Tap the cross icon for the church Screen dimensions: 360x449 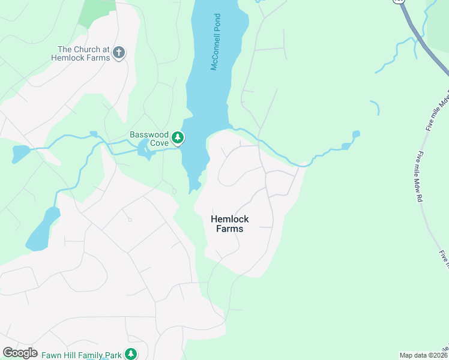[x=119, y=53]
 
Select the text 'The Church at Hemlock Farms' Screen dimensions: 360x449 [x=83, y=53]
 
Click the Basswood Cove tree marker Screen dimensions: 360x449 [x=178, y=138]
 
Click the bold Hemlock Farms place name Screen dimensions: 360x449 [x=230, y=224]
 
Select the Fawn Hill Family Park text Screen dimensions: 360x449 [x=82, y=355]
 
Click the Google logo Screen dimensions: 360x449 [x=20, y=353]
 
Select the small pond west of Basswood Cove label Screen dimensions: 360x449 [x=145, y=149]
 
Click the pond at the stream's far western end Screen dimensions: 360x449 [x=20, y=154]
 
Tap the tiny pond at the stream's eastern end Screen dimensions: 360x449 [x=356, y=134]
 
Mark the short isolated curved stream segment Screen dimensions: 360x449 [x=376, y=107]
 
